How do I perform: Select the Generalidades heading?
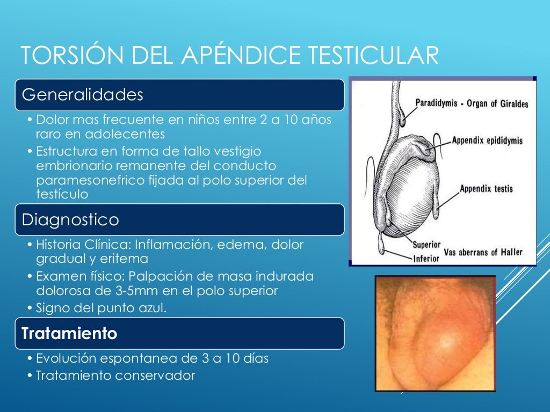(83, 95)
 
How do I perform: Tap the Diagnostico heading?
(70, 219)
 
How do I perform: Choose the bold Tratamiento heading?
(69, 334)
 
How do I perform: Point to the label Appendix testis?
(486, 189)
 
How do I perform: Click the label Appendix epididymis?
(487, 141)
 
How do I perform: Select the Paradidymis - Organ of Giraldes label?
(472, 104)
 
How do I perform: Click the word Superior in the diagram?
(426, 245)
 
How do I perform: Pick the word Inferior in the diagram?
(426, 257)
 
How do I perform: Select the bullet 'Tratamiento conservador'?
(115, 376)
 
